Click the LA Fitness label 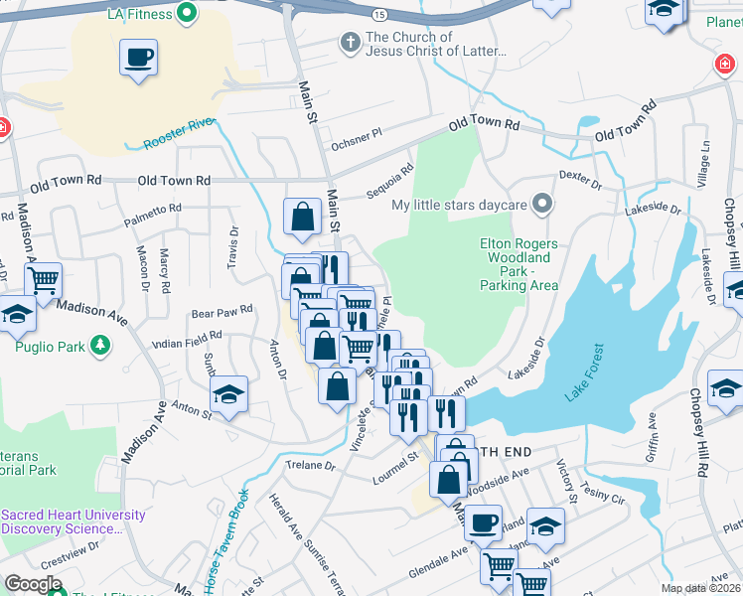coord(138,14)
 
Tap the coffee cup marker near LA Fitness coord(139,58)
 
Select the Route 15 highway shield coord(380,15)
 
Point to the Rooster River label coord(179,133)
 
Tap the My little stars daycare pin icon coord(541,205)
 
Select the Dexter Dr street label coord(581,179)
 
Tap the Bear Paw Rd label coord(223,311)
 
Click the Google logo coord(33,584)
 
